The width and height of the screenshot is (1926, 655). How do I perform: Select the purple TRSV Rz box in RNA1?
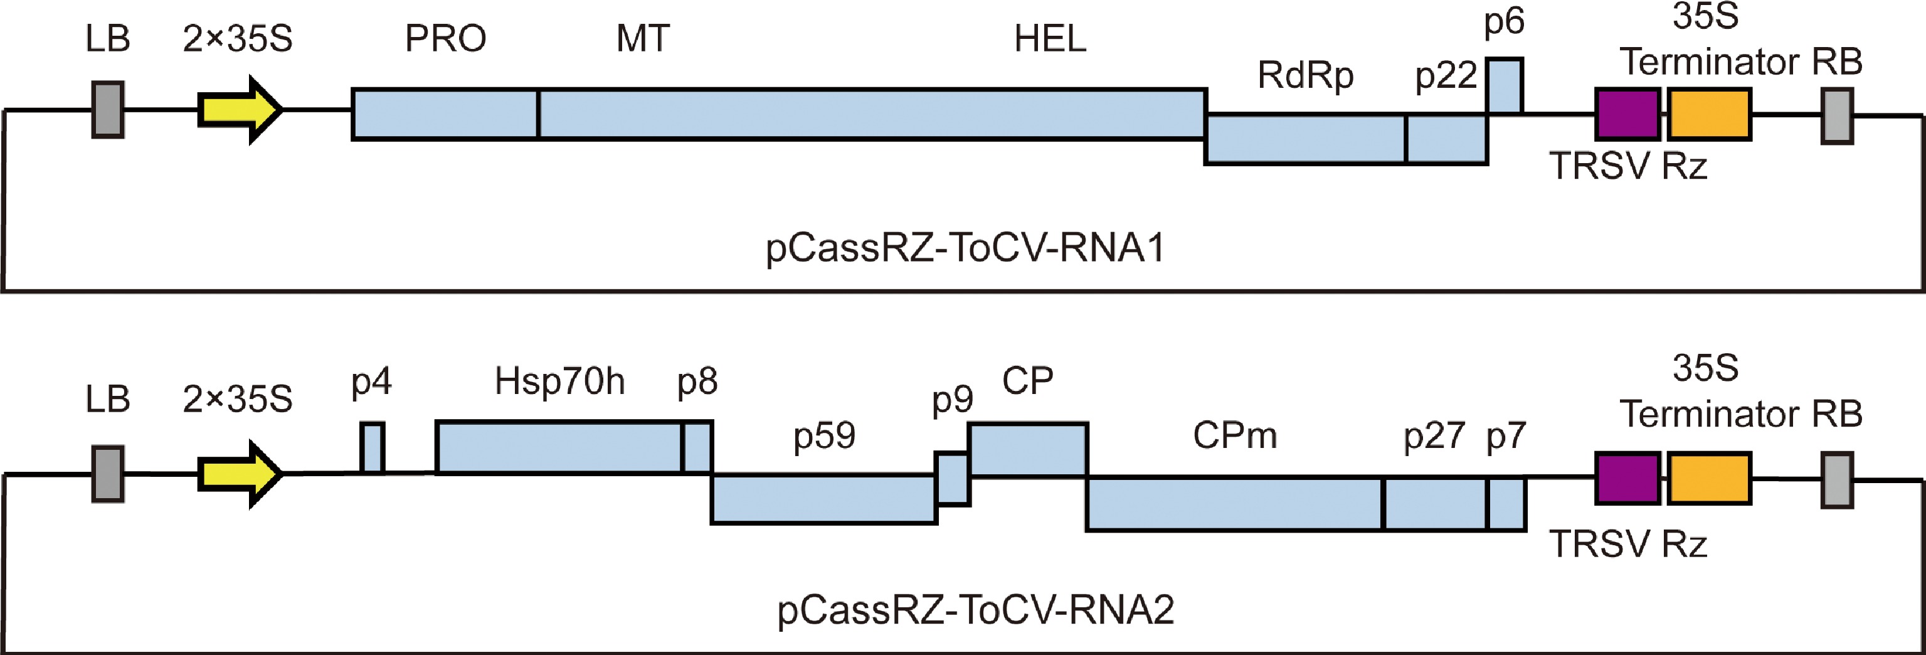(1627, 114)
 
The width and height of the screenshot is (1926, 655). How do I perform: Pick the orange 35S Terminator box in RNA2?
(1709, 478)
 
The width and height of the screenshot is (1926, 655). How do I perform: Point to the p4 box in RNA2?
(373, 448)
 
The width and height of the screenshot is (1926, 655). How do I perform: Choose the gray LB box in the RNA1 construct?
(108, 110)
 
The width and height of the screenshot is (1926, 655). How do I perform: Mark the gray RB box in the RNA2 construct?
(1836, 479)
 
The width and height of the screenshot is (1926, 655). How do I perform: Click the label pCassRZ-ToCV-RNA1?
(965, 248)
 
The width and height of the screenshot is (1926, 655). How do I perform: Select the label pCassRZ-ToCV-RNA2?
(975, 610)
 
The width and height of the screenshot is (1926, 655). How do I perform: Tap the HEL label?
(1050, 39)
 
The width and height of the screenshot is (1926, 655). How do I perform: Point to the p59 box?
(823, 499)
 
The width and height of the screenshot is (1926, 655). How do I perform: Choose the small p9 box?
(953, 479)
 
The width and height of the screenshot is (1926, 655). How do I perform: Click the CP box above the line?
(1028, 449)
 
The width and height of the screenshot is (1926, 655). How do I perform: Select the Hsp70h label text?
(559, 381)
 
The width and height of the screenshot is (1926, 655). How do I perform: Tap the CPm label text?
(1234, 435)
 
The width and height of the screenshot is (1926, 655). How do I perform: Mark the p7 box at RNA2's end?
(1506, 504)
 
